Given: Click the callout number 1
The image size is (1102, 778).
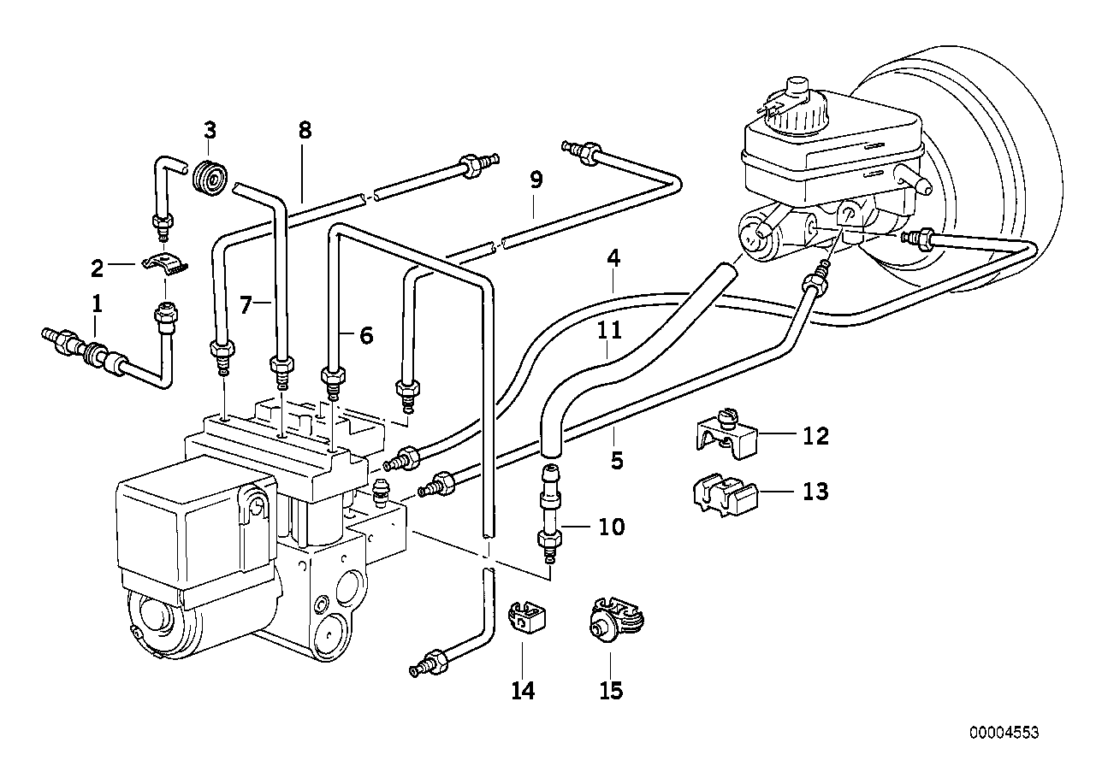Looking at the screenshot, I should click(98, 303).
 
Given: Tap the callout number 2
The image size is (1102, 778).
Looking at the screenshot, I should click(98, 269).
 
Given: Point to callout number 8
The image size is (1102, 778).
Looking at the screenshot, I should click(305, 131).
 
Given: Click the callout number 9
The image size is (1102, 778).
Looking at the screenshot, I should click(536, 180).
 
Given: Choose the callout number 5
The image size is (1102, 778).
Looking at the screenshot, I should click(617, 462).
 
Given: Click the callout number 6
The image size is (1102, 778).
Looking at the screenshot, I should click(366, 336).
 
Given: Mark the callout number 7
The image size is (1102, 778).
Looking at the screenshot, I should click(246, 304).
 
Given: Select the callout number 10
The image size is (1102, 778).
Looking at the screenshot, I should click(611, 527).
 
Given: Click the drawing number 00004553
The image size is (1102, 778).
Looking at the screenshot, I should click(1004, 733).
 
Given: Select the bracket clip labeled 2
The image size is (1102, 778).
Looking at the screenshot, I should click(164, 264).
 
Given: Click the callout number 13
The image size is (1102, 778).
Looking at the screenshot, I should click(815, 492).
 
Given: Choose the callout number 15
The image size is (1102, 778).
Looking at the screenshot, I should click(611, 691).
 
